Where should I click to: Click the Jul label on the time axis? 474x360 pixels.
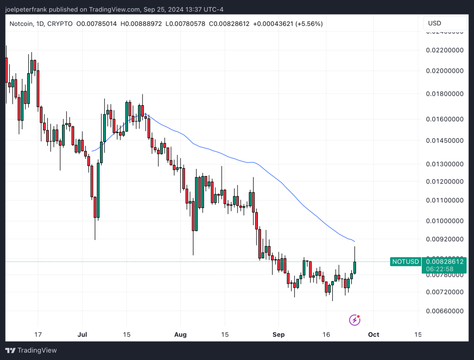[x=83, y=335]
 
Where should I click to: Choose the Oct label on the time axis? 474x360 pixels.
[x=374, y=335]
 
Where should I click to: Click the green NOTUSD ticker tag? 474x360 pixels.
[x=405, y=262]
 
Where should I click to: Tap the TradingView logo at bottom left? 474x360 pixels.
[x=31, y=351]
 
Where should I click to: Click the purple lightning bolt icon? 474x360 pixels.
[x=355, y=320]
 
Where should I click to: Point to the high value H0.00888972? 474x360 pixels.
[x=141, y=24]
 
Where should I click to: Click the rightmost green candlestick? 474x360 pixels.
[x=355, y=267]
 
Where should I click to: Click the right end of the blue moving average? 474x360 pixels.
[x=355, y=241]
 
